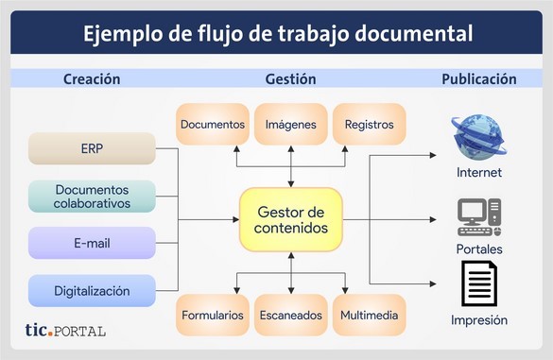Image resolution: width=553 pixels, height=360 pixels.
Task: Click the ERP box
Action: coord(92,148)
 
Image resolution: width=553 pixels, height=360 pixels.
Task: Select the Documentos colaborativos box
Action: coord(92,197)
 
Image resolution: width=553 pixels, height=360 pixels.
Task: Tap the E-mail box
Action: coord(92,243)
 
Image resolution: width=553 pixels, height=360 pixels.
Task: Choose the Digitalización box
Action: coord(92,291)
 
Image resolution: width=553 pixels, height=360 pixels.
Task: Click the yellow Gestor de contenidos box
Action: coord(291,219)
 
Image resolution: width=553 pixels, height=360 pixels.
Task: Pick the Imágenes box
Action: coord(291,124)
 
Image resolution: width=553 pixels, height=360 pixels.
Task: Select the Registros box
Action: coord(370,124)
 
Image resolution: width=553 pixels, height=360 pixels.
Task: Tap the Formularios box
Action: coord(213,315)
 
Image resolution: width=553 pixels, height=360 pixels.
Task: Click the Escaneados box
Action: coord(291,315)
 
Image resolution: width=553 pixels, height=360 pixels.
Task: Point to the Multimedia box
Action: coord(370,315)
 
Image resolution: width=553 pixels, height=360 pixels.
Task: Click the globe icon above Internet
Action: coord(478,138)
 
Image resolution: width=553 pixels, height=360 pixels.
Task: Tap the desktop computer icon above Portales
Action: coord(479,217)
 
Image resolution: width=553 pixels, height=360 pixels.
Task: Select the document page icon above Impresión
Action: coord(479,283)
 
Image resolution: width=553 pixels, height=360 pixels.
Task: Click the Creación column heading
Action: coord(92,79)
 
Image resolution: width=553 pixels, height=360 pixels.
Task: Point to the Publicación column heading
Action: coord(479,79)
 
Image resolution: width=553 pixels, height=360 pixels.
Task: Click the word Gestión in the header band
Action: coord(290,79)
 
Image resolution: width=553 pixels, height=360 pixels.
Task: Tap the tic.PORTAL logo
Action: coord(65,331)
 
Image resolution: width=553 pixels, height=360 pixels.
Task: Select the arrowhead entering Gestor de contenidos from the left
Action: coord(236,219)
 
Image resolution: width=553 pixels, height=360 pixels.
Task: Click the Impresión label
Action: coord(479,320)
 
